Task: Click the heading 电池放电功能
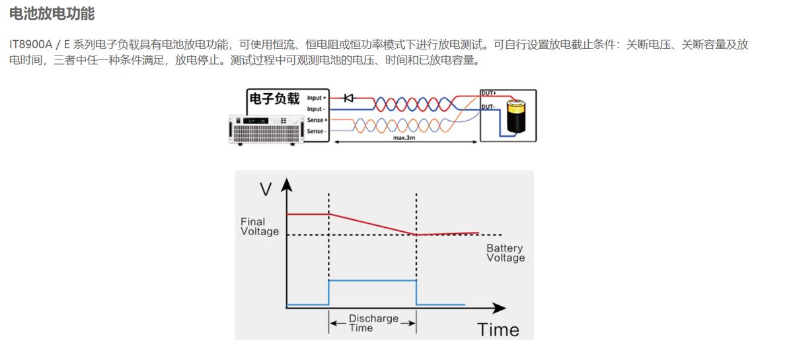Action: [x=52, y=14]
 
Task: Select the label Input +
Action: [x=317, y=98]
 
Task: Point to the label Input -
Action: [x=315, y=109]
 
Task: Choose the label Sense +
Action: [x=317, y=120]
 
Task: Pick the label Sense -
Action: [x=316, y=131]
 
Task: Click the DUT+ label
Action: [x=489, y=93]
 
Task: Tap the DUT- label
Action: [x=488, y=106]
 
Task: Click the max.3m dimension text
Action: [x=404, y=138]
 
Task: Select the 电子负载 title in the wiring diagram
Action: [x=274, y=99]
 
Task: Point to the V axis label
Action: [x=266, y=190]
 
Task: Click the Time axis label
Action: [x=498, y=330]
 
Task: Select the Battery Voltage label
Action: [x=506, y=253]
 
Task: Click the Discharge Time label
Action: [x=373, y=323]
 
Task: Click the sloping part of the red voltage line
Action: [x=373, y=224]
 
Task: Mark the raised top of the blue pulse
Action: [x=373, y=281]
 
